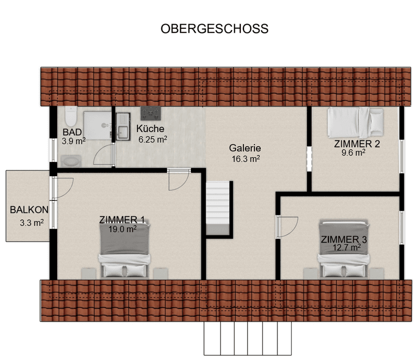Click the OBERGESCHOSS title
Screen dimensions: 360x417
tap(215, 29)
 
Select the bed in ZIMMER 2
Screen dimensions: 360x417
tap(356, 122)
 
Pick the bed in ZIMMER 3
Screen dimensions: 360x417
tap(344, 250)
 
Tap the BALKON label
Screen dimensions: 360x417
tap(29, 210)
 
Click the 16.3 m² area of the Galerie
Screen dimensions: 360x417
tap(245, 158)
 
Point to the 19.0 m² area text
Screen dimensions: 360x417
tap(122, 229)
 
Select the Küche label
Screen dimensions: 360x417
tap(151, 129)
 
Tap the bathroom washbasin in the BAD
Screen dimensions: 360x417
tap(71, 160)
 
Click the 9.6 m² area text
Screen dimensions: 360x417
tap(353, 153)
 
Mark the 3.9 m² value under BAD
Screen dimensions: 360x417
tap(73, 141)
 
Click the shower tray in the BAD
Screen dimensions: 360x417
tap(95, 124)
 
